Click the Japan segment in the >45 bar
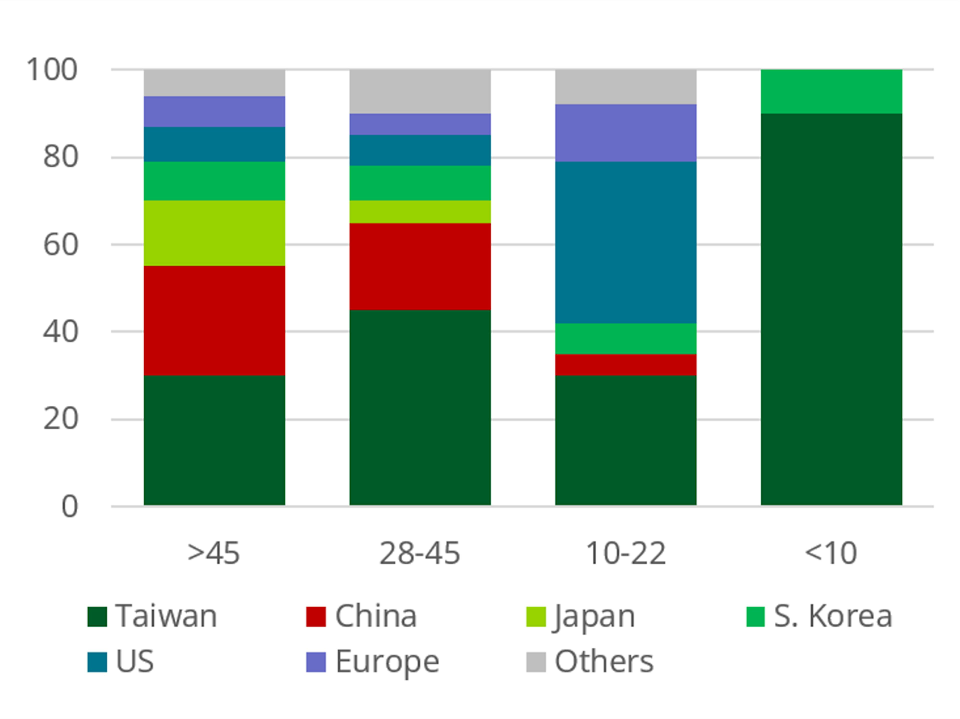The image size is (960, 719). pos(214,233)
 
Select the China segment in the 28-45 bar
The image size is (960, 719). pos(420,266)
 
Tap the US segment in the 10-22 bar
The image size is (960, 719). pos(626,242)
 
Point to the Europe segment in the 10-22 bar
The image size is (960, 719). pos(626,133)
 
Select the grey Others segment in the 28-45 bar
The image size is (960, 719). pos(420,91)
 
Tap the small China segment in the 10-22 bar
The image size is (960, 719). pos(626,364)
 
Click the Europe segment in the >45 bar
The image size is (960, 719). pos(214,111)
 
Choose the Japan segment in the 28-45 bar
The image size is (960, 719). pos(420,212)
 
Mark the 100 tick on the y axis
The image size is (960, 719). pos(52,69)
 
